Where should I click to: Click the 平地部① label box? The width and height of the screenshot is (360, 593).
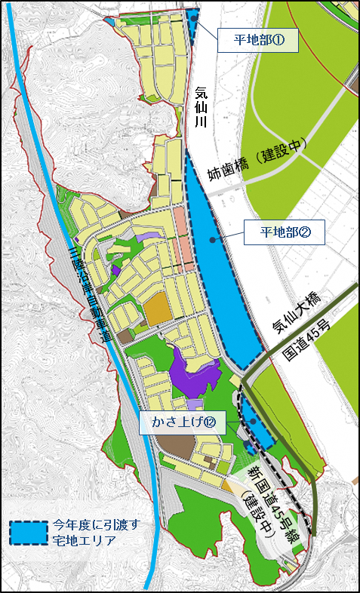(x=257, y=41)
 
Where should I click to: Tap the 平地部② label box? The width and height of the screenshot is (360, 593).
(x=284, y=232)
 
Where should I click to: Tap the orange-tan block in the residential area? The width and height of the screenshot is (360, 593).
(x=158, y=310)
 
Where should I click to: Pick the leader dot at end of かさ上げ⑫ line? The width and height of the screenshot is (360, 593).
(x=251, y=423)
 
